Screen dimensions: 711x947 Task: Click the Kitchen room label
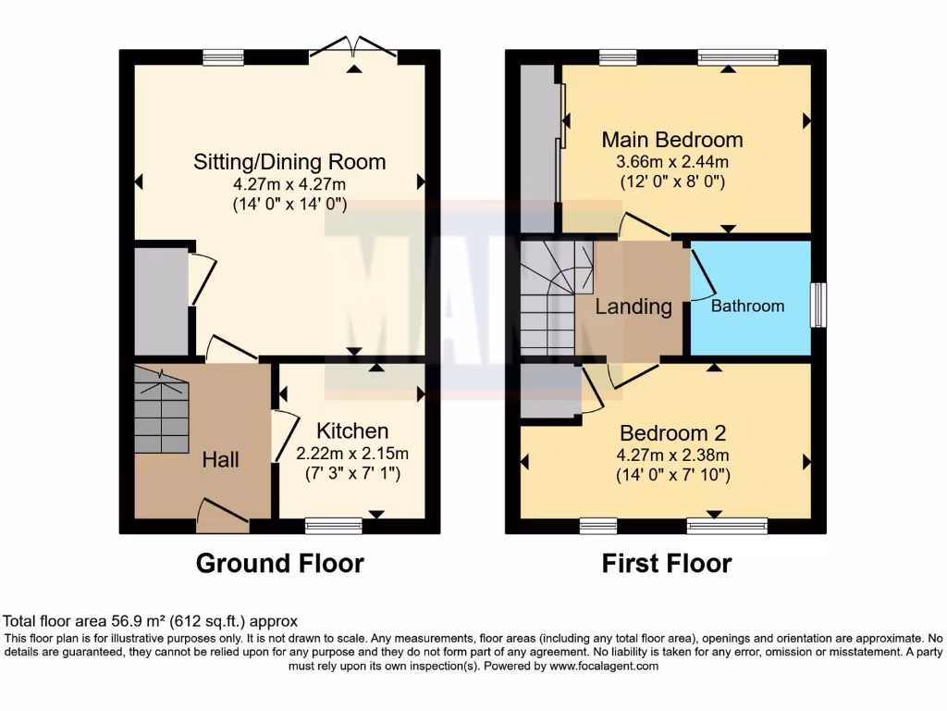(x=352, y=430)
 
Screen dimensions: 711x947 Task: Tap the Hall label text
(x=222, y=459)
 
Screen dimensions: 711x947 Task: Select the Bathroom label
(x=747, y=306)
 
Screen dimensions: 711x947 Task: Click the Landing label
(x=633, y=306)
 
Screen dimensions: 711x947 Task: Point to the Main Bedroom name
(x=672, y=140)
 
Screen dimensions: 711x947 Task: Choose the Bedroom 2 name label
(x=672, y=432)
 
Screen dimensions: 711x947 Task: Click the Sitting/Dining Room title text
(x=289, y=162)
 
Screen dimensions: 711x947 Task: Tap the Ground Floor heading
(x=280, y=563)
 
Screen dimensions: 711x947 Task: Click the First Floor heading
(x=667, y=563)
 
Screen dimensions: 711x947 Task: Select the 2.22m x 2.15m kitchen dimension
(x=351, y=454)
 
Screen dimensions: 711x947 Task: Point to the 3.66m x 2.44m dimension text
(x=672, y=162)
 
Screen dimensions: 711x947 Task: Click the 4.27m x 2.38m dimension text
(x=672, y=455)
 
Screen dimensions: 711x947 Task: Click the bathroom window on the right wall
(x=818, y=305)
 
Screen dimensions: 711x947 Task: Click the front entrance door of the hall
(x=223, y=517)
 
